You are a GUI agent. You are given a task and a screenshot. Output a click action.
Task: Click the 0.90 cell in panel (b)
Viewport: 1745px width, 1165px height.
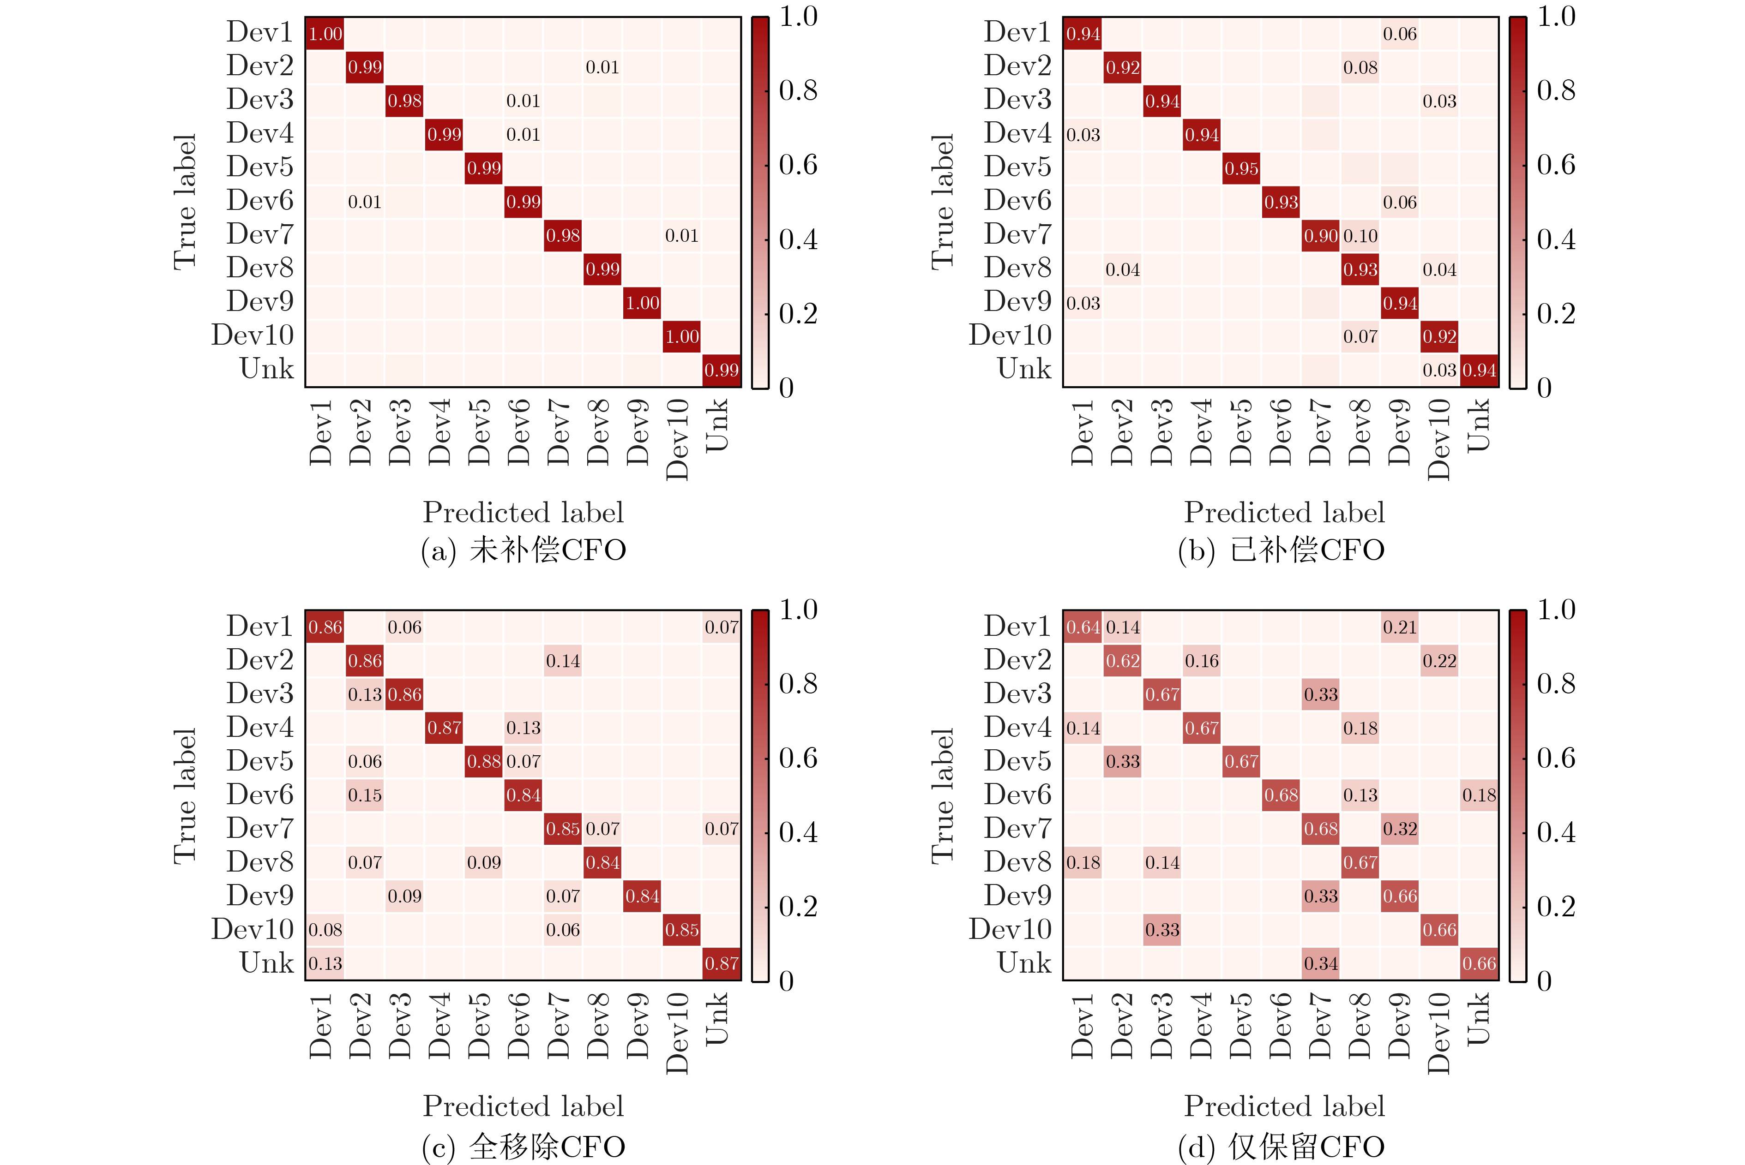click(x=1321, y=235)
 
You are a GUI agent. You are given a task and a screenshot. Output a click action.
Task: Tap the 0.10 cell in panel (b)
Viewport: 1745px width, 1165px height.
click(x=1360, y=235)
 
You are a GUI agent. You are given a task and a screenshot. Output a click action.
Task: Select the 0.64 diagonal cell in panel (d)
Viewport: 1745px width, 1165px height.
click(x=1083, y=627)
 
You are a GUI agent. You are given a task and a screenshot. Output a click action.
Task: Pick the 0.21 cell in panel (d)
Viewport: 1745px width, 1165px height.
click(x=1400, y=627)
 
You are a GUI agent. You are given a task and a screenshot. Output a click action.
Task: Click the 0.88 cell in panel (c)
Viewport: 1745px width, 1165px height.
click(x=484, y=762)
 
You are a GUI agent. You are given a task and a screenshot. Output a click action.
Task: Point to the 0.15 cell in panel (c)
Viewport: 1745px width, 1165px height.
click(x=365, y=795)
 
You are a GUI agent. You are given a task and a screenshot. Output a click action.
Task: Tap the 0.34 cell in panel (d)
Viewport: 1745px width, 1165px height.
click(x=1321, y=964)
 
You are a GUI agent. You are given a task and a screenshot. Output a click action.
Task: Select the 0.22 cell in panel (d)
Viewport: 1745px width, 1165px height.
click(x=1439, y=661)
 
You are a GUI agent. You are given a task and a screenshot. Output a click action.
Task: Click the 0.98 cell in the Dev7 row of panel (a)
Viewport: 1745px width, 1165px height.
click(x=563, y=235)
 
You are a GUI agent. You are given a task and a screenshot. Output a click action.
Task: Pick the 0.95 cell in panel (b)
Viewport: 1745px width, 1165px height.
click(x=1241, y=169)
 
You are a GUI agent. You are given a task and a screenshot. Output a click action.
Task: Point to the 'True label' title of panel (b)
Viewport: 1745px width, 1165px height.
click(x=942, y=202)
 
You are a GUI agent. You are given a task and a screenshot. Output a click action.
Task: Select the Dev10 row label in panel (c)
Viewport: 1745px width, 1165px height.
click(x=253, y=930)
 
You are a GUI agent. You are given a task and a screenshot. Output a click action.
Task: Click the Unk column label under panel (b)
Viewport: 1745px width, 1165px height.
click(x=1478, y=425)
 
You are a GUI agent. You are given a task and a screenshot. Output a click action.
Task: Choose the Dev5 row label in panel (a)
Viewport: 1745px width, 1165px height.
click(x=260, y=167)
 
